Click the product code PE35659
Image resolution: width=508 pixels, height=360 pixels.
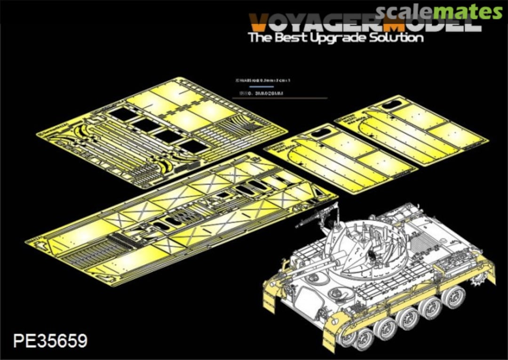click(50, 340)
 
